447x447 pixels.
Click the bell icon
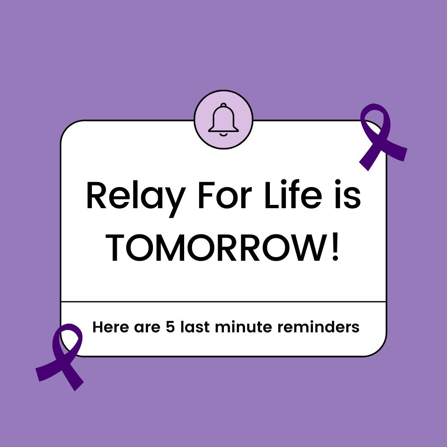pos(223,118)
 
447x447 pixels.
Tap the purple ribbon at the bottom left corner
pos(62,356)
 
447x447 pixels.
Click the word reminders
pos(318,327)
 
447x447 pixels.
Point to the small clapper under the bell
pos(223,134)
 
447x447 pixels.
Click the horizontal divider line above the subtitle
pos(223,302)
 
